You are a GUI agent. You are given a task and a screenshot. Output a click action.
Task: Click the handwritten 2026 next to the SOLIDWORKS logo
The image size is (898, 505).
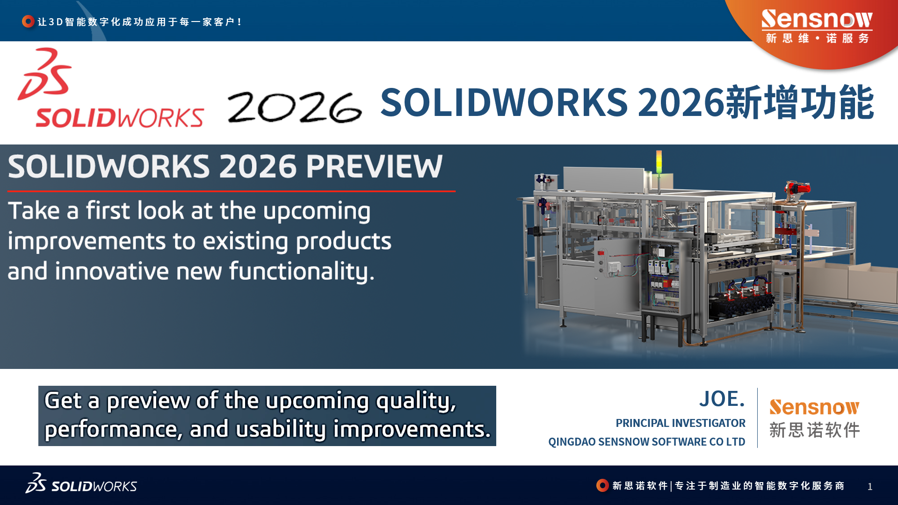[x=295, y=108]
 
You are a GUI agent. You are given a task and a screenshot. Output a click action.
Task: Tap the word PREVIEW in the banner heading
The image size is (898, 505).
[x=374, y=166]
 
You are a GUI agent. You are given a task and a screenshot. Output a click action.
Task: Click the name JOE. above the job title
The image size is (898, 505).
[x=722, y=399]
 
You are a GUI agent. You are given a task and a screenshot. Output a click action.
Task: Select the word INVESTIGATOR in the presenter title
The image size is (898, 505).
[x=709, y=423]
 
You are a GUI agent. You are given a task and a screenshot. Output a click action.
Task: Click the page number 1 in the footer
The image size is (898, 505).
[x=870, y=487]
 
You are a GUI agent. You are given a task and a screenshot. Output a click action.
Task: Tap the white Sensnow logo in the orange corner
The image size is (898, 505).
[x=817, y=26]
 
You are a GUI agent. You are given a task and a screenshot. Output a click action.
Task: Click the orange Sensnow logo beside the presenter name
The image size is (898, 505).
[x=814, y=407]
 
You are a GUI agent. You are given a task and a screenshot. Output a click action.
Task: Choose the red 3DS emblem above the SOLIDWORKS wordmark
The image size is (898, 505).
[x=45, y=73]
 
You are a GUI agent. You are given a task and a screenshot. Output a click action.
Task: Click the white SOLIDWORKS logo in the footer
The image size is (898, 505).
[x=81, y=483]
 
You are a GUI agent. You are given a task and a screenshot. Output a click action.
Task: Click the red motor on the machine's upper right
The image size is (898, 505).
[x=798, y=188]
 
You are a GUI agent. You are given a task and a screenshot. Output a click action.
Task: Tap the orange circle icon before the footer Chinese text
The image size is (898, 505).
[x=602, y=485]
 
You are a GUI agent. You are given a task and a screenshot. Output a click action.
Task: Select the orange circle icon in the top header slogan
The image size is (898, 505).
[x=28, y=22]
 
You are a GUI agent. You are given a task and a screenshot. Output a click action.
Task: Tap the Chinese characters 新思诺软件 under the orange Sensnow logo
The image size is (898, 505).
[x=814, y=430]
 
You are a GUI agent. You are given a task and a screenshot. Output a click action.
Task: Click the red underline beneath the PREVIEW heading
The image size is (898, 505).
[x=232, y=191]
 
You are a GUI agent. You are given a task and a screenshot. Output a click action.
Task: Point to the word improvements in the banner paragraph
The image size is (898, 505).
[x=87, y=242]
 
